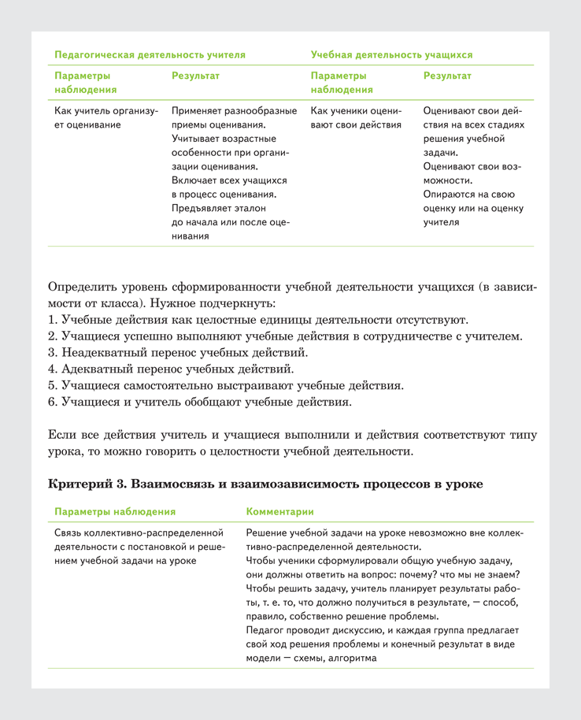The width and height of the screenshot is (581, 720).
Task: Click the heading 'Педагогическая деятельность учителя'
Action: [150, 55]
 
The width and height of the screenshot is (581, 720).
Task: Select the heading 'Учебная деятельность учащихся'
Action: [391, 55]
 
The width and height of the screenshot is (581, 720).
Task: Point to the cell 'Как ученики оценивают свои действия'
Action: [357, 117]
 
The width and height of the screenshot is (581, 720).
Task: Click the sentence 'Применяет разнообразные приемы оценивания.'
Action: [234, 117]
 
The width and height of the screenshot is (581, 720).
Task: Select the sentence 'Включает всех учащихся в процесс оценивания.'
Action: [228, 187]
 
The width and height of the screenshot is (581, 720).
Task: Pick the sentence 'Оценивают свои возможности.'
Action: [472, 173]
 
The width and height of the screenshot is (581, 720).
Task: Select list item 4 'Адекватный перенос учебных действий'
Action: [171, 369]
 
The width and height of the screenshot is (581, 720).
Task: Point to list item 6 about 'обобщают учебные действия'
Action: [200, 402]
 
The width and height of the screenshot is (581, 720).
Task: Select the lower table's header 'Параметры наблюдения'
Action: [115, 511]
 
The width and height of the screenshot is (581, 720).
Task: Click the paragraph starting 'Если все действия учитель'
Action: [290, 443]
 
